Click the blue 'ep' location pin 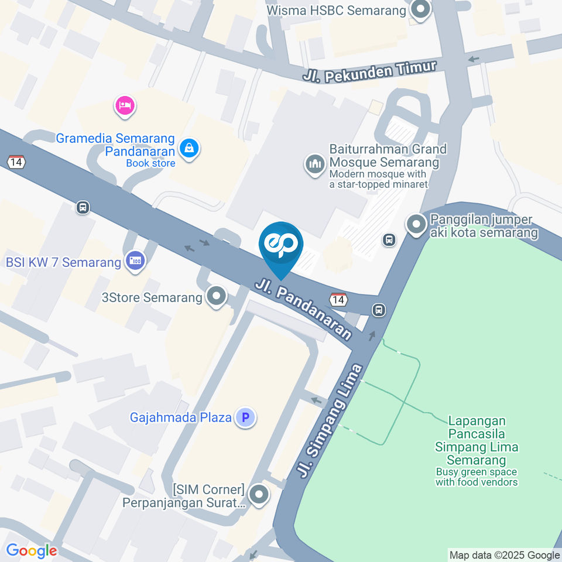281,245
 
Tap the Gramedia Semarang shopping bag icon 190,149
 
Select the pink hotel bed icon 125,106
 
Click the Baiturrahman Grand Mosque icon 315,165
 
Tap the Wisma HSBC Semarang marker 420,10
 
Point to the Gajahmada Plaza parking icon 245,418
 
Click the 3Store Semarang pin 217,297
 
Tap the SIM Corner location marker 258,495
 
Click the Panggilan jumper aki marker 416,224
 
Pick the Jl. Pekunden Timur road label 370,71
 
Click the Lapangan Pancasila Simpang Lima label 477,440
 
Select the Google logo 32,550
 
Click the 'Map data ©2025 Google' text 504,555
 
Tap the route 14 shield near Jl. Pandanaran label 338,300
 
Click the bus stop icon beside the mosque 388,239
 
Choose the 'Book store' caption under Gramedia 150,163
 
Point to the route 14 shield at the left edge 16,162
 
